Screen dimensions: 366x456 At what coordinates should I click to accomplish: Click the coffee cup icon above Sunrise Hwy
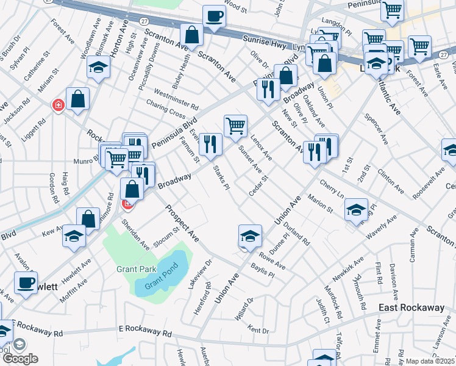214,17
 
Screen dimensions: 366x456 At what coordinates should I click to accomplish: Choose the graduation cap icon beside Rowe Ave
250,236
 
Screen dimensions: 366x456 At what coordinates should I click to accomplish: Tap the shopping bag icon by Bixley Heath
192,36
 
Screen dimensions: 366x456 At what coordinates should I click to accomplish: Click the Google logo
20,358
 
